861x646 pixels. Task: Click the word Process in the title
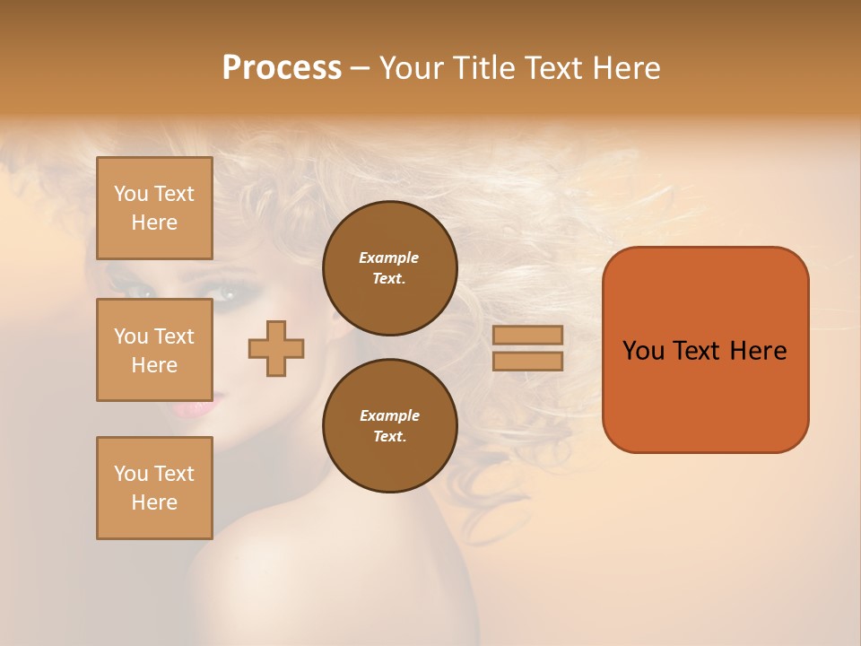(x=282, y=67)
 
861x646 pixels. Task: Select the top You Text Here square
(x=154, y=208)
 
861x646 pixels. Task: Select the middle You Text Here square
(x=154, y=350)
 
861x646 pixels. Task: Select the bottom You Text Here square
(x=154, y=488)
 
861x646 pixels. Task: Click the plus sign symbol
(x=276, y=348)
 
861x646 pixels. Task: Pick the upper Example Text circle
(x=389, y=268)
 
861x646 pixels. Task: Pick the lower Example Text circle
(x=389, y=426)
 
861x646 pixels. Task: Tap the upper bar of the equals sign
(x=528, y=335)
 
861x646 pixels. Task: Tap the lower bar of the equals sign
(x=528, y=361)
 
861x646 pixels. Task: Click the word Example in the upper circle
(x=389, y=258)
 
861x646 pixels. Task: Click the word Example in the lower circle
(x=389, y=415)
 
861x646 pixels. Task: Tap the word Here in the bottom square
(x=154, y=502)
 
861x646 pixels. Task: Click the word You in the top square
(x=131, y=194)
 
